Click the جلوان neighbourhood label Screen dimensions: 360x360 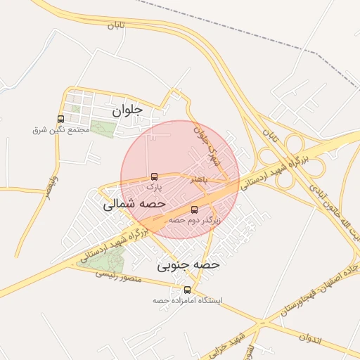pos(127,110)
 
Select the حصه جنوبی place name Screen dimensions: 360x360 pos(188,265)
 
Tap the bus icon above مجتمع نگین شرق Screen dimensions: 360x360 pos(60,119)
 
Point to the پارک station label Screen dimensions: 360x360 pos(155,188)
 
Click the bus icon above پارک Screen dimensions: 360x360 pos(155,177)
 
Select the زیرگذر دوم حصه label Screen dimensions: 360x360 pos(195,220)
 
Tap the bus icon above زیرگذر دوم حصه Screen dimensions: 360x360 pos(195,210)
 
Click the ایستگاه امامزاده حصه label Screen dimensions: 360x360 pos(187,300)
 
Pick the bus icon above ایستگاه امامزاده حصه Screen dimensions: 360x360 pos(187,290)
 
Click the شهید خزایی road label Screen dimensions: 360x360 pos(251,342)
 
